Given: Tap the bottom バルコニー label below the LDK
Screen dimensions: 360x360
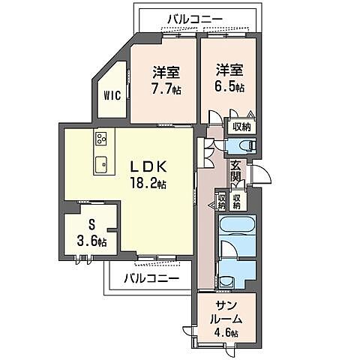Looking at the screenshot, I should pyautogui.click(x=151, y=279).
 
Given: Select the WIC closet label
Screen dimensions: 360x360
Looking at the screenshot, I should pyautogui.click(x=112, y=95).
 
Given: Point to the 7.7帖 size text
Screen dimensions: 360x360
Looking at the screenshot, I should pyautogui.click(x=166, y=88).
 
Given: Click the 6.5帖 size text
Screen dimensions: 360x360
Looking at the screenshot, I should pyautogui.click(x=229, y=88).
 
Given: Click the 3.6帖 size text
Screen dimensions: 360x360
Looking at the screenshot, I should pyautogui.click(x=91, y=241).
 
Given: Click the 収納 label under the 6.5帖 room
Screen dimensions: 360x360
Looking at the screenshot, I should pyautogui.click(x=240, y=127).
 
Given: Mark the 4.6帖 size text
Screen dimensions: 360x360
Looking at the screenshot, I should pyautogui.click(x=225, y=332).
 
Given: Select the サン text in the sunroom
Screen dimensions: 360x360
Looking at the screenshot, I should pyautogui.click(x=225, y=304).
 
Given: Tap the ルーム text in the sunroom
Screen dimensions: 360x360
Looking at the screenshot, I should pyautogui.click(x=225, y=318).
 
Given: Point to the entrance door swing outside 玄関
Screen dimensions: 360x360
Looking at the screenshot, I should pyautogui.click(x=262, y=174).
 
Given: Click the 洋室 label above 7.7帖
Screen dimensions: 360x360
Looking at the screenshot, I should pyautogui.click(x=166, y=72).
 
